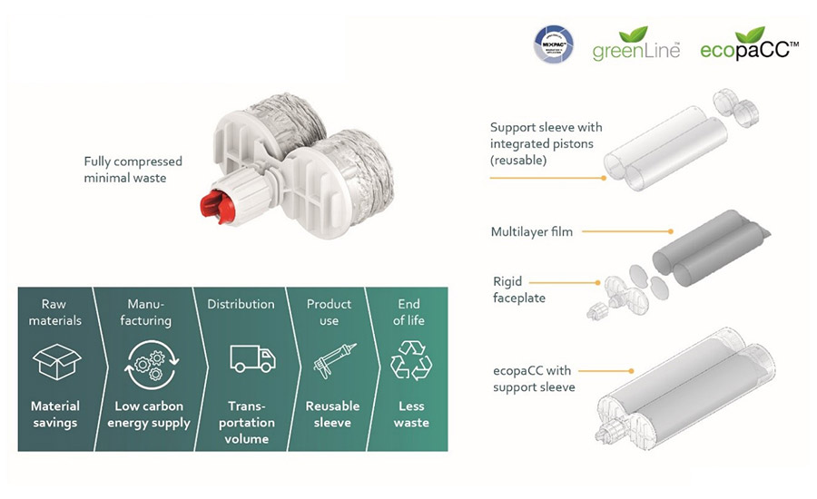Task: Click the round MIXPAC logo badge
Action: (x=553, y=44)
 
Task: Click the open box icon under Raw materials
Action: (x=56, y=361)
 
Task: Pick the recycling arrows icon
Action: (x=405, y=361)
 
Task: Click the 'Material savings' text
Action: (x=55, y=414)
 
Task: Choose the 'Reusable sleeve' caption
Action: (x=332, y=414)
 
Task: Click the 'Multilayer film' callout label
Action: (x=531, y=232)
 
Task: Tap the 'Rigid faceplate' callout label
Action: (x=520, y=289)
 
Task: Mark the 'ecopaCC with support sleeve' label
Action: (x=533, y=379)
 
